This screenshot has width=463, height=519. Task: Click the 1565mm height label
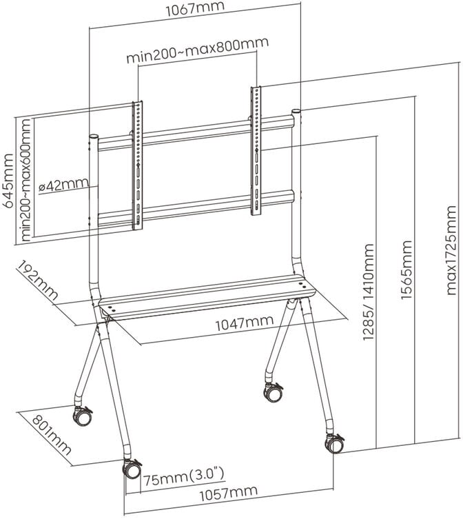(406, 276)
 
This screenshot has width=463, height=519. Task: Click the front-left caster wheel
(132, 469)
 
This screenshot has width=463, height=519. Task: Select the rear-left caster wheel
(82, 416)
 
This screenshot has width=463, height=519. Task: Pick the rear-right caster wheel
(273, 392)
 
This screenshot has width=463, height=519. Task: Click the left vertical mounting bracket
(138, 165)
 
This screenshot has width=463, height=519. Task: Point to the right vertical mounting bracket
(256, 150)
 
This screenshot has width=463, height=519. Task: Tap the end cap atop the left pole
(94, 137)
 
